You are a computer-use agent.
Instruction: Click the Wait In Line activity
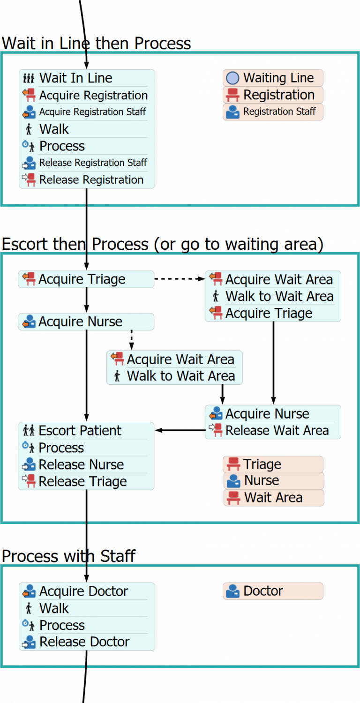pyautogui.click(x=87, y=78)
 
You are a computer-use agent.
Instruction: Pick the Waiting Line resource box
pyautogui.click(x=273, y=78)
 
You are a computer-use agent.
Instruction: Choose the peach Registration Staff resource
pyautogui.click(x=273, y=112)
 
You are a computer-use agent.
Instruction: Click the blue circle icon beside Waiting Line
pyautogui.click(x=233, y=78)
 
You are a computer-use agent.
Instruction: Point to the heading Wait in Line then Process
pyautogui.click(x=96, y=44)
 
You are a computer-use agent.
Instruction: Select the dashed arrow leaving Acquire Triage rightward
pyautogui.click(x=179, y=279)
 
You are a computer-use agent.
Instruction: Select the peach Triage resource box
pyautogui.click(x=273, y=464)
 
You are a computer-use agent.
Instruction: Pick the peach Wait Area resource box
pyautogui.click(x=273, y=498)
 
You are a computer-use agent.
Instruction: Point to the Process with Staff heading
pyautogui.click(x=68, y=556)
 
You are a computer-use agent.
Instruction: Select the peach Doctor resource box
pyautogui.click(x=273, y=591)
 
